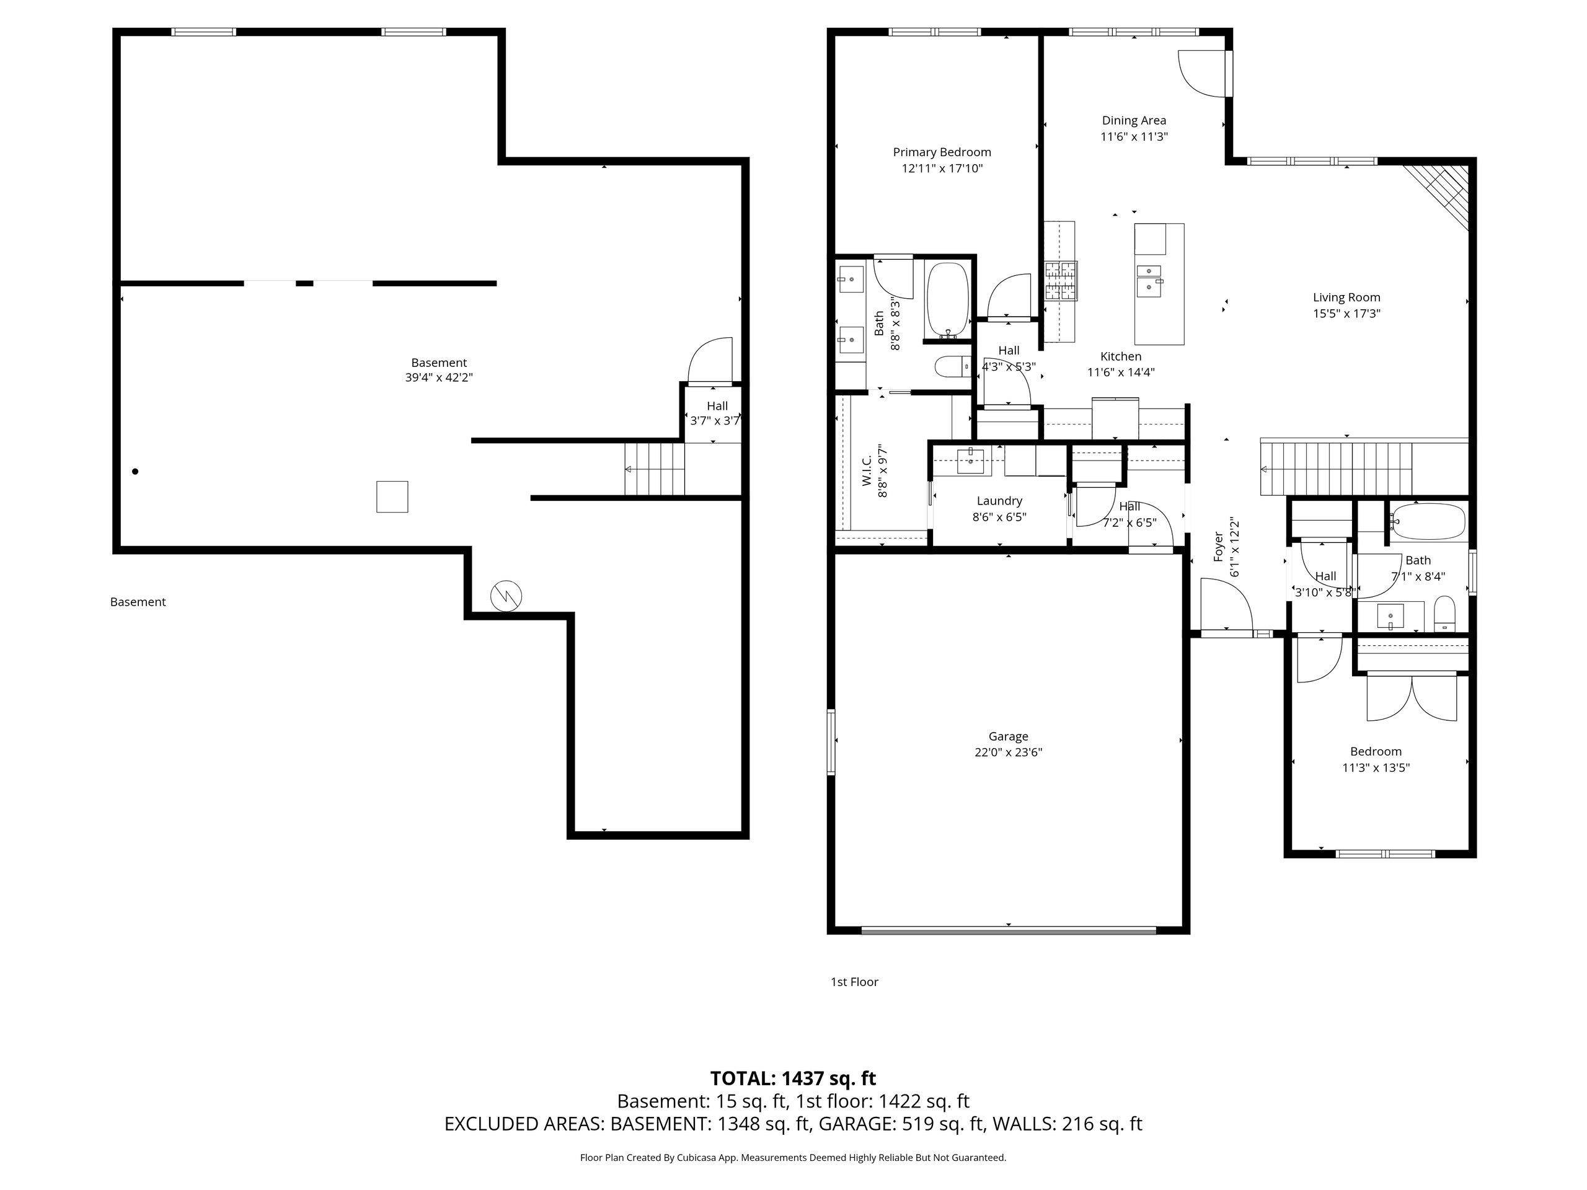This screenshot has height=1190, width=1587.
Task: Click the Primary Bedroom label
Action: click(x=941, y=152)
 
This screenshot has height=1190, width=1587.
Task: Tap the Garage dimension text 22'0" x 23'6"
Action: click(x=1008, y=752)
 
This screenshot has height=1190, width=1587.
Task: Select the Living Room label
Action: click(x=1346, y=297)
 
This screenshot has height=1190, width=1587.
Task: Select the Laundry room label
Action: click(x=999, y=501)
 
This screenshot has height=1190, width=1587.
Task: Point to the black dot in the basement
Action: click(x=135, y=471)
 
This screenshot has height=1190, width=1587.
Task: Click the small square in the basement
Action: click(x=392, y=496)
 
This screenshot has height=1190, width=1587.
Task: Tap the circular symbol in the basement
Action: click(x=506, y=596)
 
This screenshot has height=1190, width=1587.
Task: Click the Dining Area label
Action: click(x=1134, y=120)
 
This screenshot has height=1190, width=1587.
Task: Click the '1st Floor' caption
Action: click(x=854, y=982)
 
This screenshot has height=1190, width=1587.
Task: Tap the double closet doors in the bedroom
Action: click(x=1411, y=697)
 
